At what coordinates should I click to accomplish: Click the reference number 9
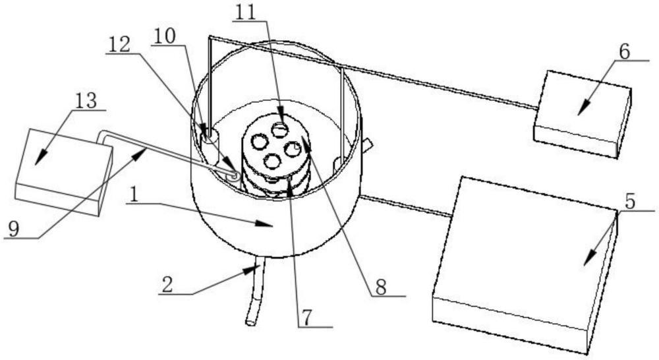click(14, 229)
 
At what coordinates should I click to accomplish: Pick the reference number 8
click(381, 287)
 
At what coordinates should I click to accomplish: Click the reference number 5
click(631, 202)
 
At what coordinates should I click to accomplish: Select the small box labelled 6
click(580, 115)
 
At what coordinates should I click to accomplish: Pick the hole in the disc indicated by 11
click(280, 128)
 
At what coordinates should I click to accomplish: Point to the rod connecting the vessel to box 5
click(405, 205)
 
